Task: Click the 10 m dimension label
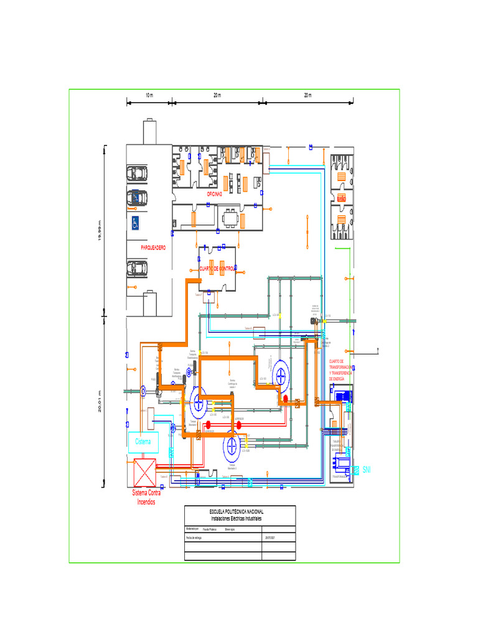(x=149, y=95)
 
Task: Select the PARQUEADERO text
(x=153, y=248)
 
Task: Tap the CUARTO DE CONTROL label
(x=217, y=268)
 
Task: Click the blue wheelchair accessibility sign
(x=134, y=223)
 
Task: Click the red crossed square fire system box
(x=144, y=472)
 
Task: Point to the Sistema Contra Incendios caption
(x=146, y=497)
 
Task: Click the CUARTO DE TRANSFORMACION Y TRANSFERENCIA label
(x=340, y=370)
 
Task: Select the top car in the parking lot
(x=138, y=173)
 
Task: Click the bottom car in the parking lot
(x=138, y=267)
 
